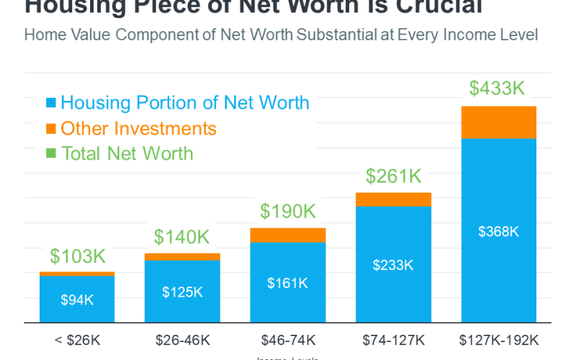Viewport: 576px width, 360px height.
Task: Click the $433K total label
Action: click(x=498, y=89)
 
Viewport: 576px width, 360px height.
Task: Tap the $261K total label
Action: click(x=393, y=176)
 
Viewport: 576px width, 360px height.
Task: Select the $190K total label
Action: click(x=287, y=211)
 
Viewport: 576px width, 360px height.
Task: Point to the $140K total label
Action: click(x=182, y=236)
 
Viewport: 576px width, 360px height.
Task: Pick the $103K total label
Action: click(x=77, y=256)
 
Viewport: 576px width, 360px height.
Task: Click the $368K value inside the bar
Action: click(x=498, y=231)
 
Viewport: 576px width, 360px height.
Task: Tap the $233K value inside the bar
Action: click(x=393, y=265)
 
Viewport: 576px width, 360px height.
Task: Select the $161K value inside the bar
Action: click(x=287, y=283)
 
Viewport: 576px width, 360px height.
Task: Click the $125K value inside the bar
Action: click(x=182, y=292)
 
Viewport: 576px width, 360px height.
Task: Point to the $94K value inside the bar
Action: click(x=77, y=300)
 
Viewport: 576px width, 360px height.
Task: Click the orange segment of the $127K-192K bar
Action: click(x=498, y=122)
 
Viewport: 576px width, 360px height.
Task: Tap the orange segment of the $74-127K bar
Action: click(x=393, y=199)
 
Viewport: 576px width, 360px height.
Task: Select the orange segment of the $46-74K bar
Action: click(x=287, y=235)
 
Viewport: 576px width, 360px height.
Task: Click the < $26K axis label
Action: click(x=77, y=339)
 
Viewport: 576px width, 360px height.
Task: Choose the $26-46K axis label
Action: click(x=182, y=339)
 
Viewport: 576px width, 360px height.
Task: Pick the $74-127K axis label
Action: click(x=393, y=339)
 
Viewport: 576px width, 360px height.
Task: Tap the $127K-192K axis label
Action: click(x=498, y=339)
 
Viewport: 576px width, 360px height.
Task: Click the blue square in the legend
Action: click(x=51, y=104)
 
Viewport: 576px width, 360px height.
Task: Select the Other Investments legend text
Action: click(x=138, y=129)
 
